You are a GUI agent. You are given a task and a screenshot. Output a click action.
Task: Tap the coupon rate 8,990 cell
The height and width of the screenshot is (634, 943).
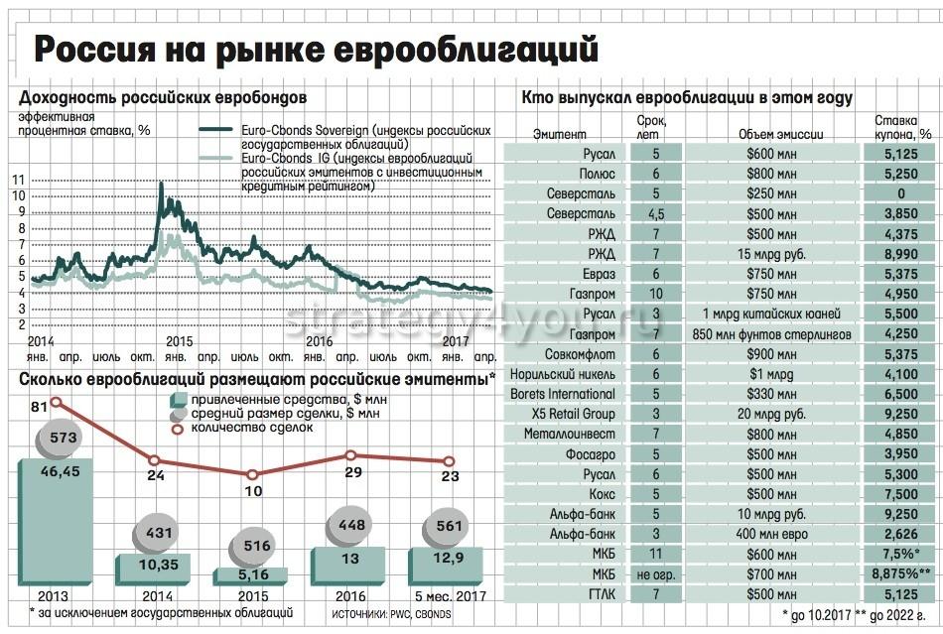pyautogui.click(x=900, y=254)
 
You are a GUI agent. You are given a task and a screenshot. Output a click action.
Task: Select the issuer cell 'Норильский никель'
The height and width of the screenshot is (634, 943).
pyautogui.click(x=563, y=374)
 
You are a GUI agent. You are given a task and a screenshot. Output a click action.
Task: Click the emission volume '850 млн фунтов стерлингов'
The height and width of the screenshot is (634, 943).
pyautogui.click(x=770, y=334)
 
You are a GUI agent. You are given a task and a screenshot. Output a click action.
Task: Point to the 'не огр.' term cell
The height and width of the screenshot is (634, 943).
pyautogui.click(x=656, y=573)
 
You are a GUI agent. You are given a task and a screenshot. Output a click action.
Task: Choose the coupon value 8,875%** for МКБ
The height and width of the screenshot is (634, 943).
pyautogui.click(x=900, y=573)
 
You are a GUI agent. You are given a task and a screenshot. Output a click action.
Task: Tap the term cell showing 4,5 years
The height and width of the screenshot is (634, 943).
pyautogui.click(x=656, y=214)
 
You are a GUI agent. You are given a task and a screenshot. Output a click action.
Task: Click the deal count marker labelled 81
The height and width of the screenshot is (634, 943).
pyautogui.click(x=57, y=401)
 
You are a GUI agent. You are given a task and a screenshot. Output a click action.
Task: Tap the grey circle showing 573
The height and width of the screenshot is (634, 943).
pyautogui.click(x=57, y=437)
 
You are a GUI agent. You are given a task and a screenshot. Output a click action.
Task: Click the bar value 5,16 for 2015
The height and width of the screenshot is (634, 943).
pyautogui.click(x=252, y=573)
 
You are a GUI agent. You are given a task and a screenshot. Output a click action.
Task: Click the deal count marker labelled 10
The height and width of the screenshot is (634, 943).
pyautogui.click(x=254, y=474)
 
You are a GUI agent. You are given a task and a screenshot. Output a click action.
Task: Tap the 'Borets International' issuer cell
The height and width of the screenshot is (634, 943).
pyautogui.click(x=563, y=394)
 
